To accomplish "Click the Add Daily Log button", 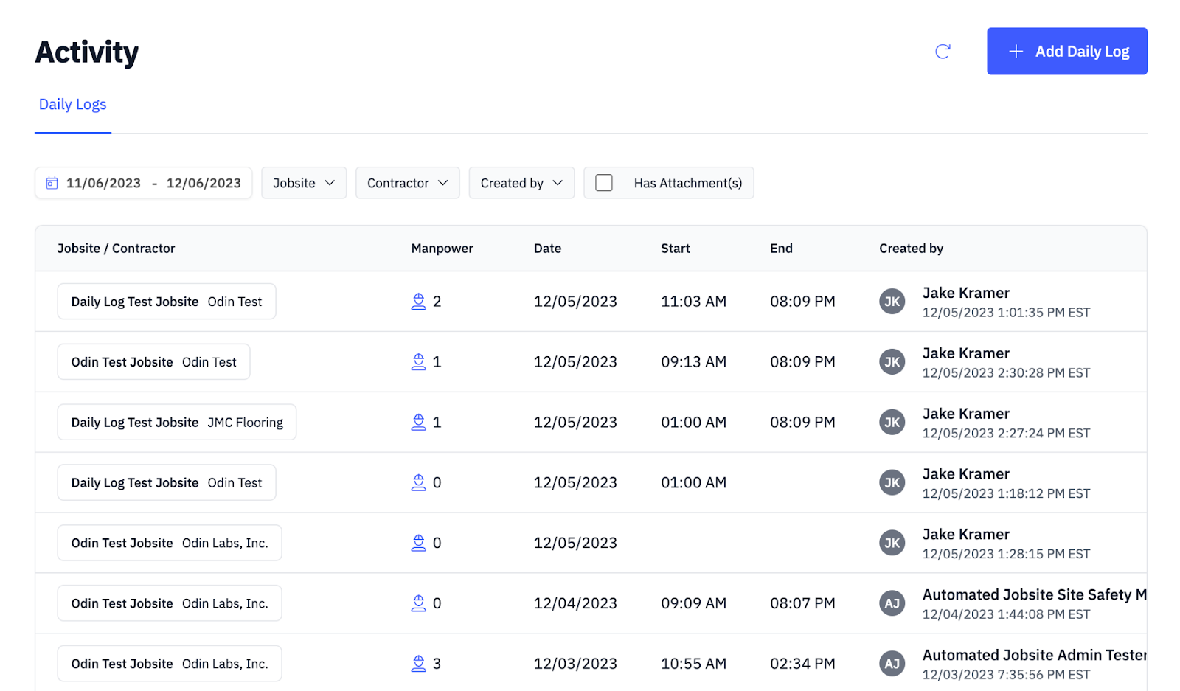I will point(1066,51).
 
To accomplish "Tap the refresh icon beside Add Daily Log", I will point(943,51).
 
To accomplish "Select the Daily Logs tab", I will point(72,105).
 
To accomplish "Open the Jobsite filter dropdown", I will point(303,183).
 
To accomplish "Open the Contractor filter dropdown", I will point(407,183).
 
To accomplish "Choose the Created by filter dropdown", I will point(521,183).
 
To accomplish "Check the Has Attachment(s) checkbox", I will point(604,183).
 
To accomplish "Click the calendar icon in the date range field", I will point(52,183).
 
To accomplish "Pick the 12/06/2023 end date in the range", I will point(204,183).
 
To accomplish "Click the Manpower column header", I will point(442,249).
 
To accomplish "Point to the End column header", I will point(781,249).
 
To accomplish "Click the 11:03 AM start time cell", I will point(693,302).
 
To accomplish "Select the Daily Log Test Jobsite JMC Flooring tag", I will point(177,423).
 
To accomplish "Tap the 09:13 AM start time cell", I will point(693,362).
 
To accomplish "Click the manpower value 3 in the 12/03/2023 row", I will point(437,664).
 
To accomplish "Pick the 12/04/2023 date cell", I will point(575,603).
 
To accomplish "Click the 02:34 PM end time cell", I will point(802,664).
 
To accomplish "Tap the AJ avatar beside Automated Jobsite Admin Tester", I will point(892,664).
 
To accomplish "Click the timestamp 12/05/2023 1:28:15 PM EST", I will point(1006,554).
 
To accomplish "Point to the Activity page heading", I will point(87,52).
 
